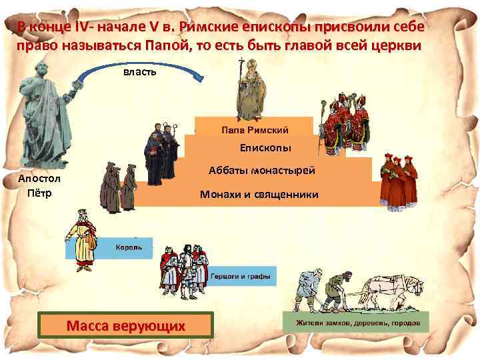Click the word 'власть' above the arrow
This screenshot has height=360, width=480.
pyautogui.click(x=140, y=71)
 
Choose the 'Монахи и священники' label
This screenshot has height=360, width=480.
pyautogui.click(x=259, y=195)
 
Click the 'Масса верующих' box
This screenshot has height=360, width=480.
pyautogui.click(x=126, y=326)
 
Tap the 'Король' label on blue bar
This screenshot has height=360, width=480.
pyautogui.click(x=126, y=246)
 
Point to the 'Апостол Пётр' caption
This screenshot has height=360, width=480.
pyautogui.click(x=39, y=186)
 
